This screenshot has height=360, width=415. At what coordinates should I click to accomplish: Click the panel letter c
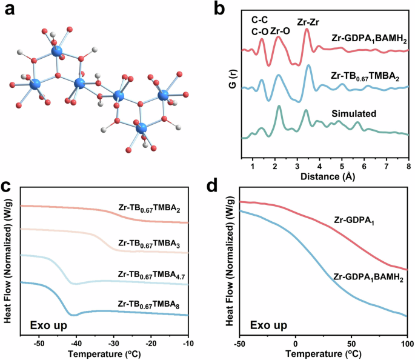pyautogui.click(x=8, y=186)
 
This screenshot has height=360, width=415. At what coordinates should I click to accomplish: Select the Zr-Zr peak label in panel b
pyautogui.click(x=309, y=22)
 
